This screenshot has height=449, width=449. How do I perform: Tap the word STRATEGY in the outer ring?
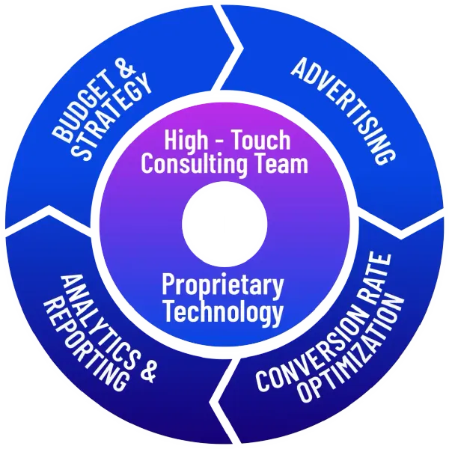click(x=111, y=117)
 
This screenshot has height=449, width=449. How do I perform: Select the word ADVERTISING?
click(x=343, y=111)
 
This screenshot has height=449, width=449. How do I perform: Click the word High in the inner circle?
click(x=186, y=140)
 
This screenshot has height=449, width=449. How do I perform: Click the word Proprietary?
click(x=223, y=286)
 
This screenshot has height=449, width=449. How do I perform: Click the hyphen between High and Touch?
click(x=219, y=141)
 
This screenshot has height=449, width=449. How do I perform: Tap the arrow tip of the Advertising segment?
click(x=401, y=230)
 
